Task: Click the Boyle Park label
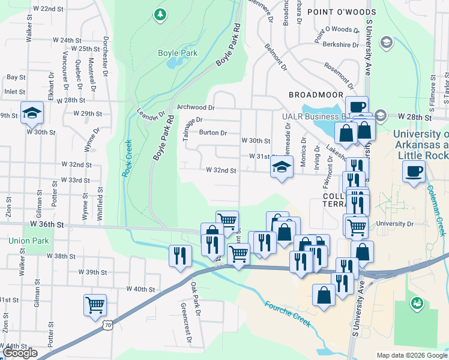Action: pyautogui.click(x=178, y=53)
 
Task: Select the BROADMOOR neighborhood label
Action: pyautogui.click(x=316, y=95)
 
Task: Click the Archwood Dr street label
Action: pyautogui.click(x=196, y=107)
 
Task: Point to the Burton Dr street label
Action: pyautogui.click(x=213, y=133)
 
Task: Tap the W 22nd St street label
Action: pyautogui.click(x=48, y=9)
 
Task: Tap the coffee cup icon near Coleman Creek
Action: pyautogui.click(x=415, y=172)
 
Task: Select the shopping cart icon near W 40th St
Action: pyautogui.click(x=95, y=305)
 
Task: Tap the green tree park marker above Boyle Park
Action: pyautogui.click(x=160, y=14)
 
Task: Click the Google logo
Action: pyautogui.click(x=20, y=353)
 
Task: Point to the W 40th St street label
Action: pyautogui.click(x=140, y=289)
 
